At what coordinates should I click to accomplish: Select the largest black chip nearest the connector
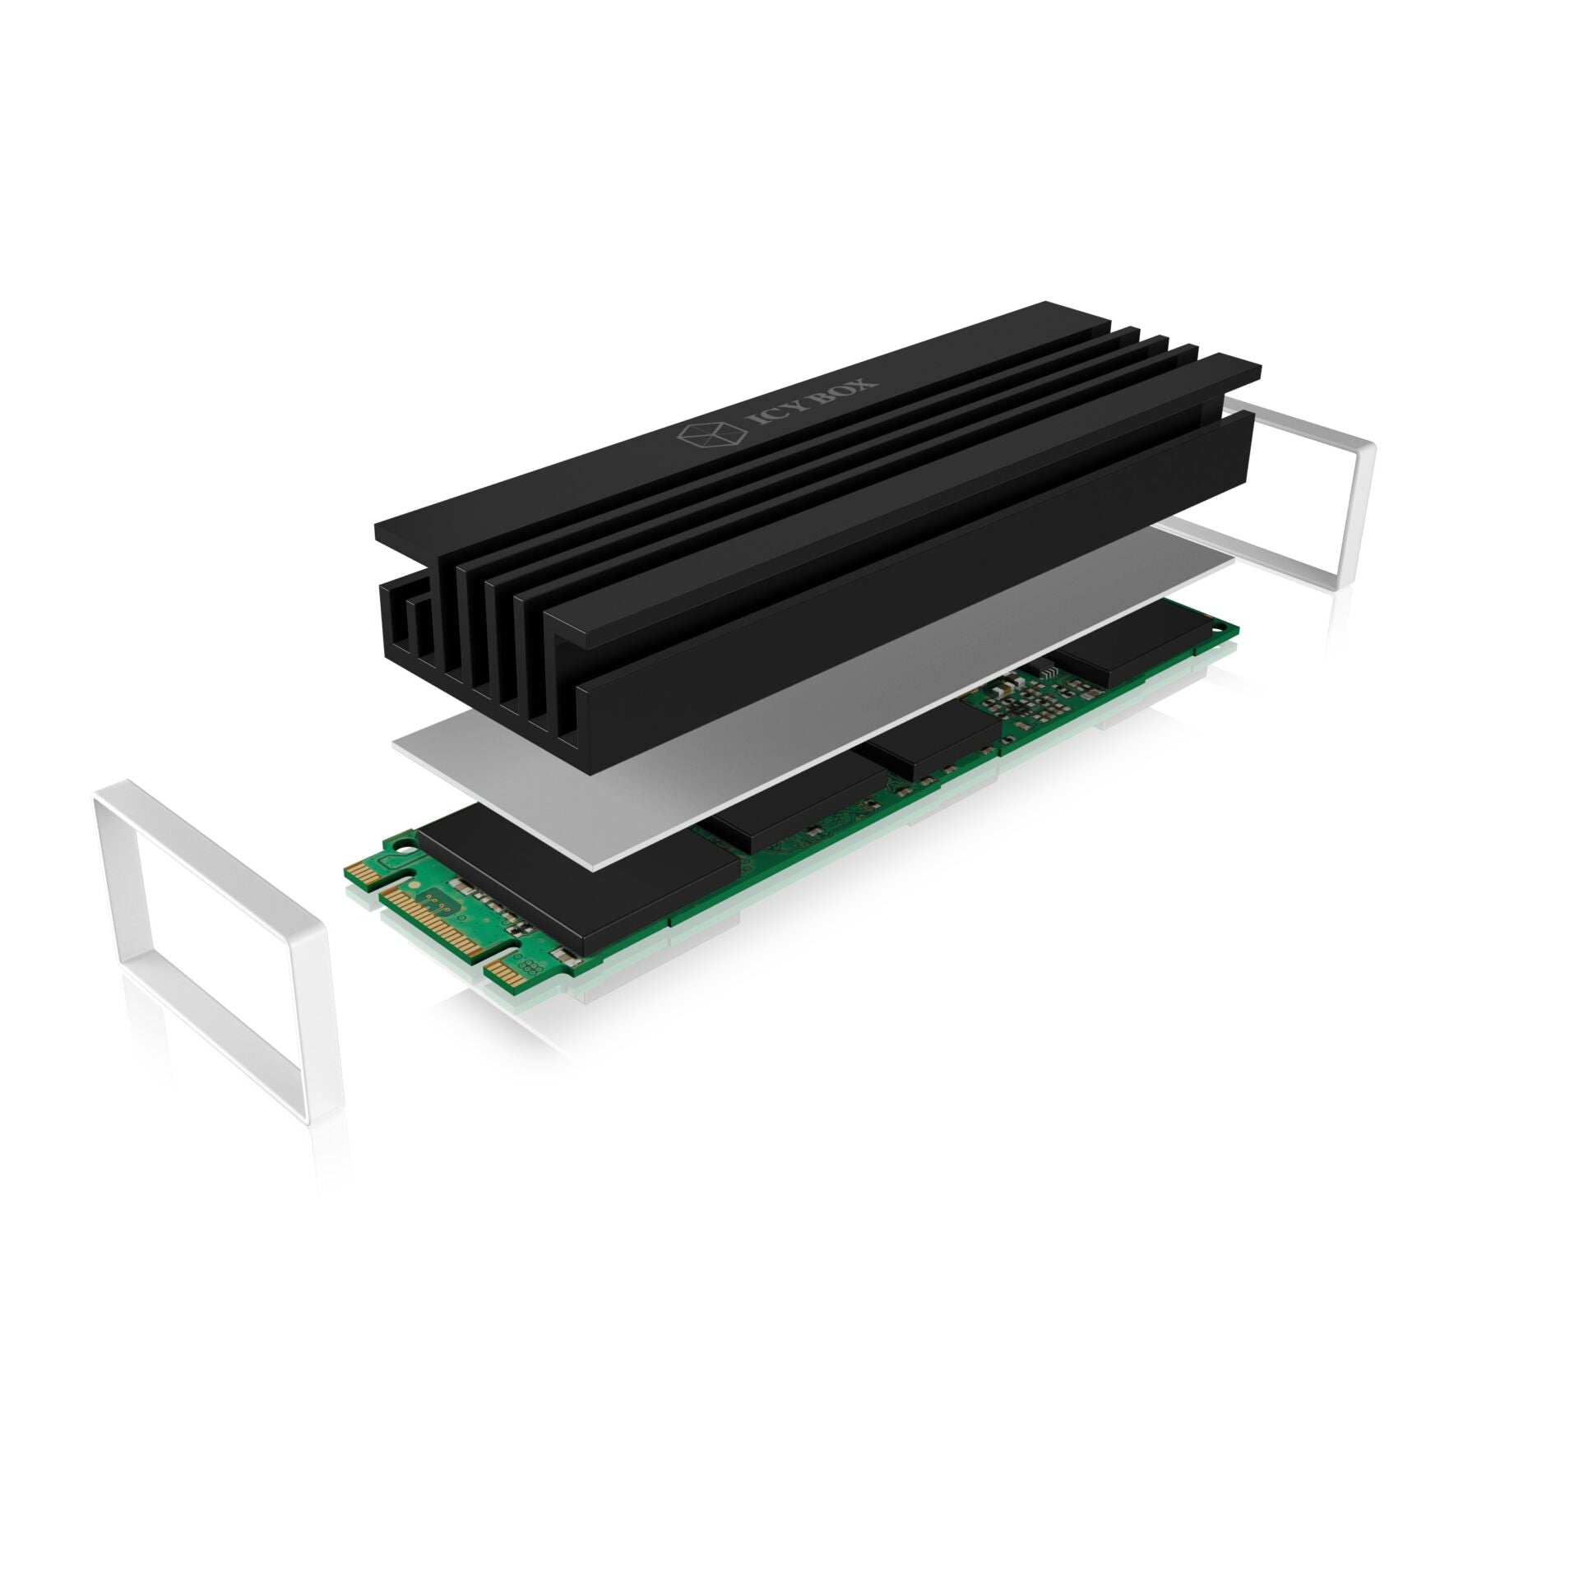pyautogui.click(x=576, y=872)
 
